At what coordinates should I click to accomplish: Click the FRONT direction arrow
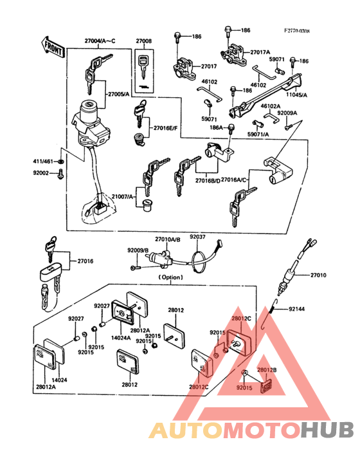pos(51,46)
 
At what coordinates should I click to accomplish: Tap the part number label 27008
pos(144,41)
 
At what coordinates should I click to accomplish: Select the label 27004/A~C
pos(99,41)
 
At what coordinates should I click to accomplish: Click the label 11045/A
pos(296,94)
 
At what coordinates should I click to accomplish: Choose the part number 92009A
pos(287,113)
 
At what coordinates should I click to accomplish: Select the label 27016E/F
pos(165,128)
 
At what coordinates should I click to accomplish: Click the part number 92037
pos(197,237)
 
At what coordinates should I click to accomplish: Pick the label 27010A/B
pos(168,239)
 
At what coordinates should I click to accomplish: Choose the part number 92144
pos(297,309)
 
